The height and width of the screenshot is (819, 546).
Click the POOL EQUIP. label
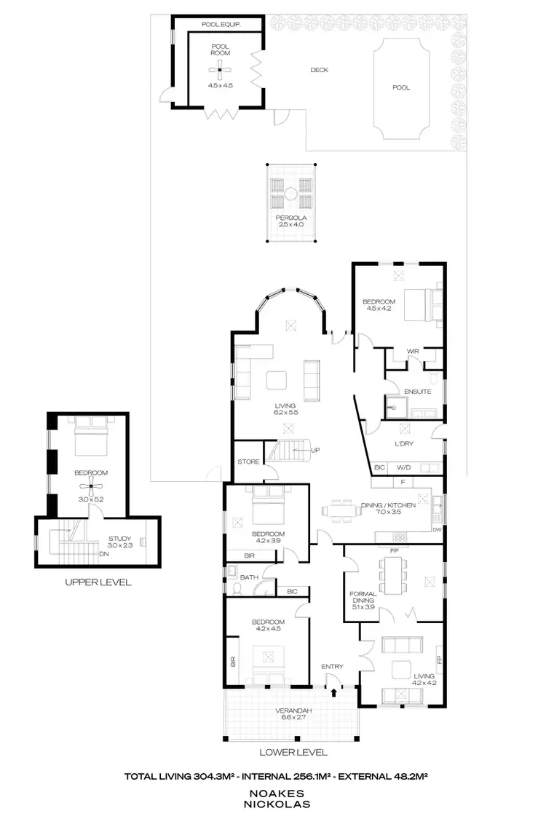(221, 24)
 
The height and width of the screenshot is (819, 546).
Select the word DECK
(319, 71)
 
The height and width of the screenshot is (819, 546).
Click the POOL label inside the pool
(401, 87)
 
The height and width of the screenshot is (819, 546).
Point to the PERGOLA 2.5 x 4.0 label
(290, 221)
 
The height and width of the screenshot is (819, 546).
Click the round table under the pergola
(290, 194)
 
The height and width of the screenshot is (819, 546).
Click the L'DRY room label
(405, 444)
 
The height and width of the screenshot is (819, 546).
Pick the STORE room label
(248, 462)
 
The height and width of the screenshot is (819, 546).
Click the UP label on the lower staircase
(315, 451)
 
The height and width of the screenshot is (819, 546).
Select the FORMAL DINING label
(363, 599)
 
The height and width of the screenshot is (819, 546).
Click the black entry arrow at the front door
(333, 692)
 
